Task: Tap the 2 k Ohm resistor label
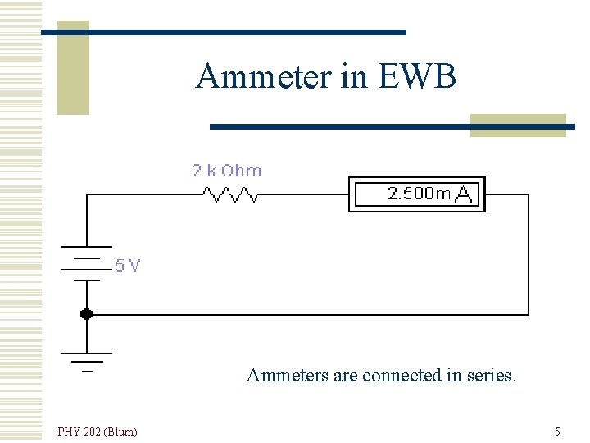point(226,171)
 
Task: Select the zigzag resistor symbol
point(230,194)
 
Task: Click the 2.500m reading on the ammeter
point(418,194)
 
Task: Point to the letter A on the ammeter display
point(464,194)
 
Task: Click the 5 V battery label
point(127,265)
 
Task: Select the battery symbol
point(86,263)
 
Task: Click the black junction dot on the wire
point(86,313)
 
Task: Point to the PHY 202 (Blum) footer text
point(98,431)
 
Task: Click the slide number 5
point(557,431)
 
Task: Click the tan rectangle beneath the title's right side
point(518,125)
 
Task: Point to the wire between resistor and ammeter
point(303,194)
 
